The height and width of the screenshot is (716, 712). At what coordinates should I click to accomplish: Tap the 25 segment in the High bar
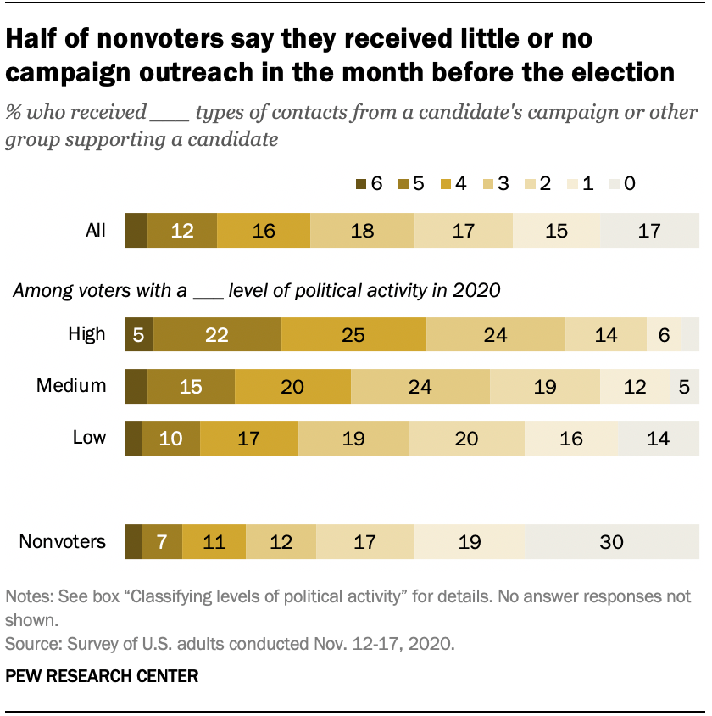coord(353,334)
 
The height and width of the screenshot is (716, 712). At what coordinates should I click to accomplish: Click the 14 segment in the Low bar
coord(659,438)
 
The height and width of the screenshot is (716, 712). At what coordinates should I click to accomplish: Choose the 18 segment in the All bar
coord(362,231)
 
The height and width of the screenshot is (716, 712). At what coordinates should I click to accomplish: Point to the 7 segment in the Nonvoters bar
coord(161,541)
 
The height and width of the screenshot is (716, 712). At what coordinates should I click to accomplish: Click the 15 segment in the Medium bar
coord(191,386)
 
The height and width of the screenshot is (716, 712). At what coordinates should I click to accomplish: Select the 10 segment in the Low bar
coord(170,438)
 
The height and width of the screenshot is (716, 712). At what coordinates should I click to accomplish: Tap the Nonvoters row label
coord(63,541)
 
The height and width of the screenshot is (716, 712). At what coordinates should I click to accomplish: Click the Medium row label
coord(71,386)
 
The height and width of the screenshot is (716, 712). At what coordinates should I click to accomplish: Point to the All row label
coord(96,231)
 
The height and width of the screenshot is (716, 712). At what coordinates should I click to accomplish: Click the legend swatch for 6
coord(361,184)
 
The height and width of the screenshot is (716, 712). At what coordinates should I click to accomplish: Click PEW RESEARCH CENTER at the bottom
coord(102,676)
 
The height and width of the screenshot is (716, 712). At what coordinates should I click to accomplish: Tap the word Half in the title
coord(34,39)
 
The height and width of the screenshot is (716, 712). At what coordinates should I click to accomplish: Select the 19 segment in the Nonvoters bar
coord(470,541)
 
